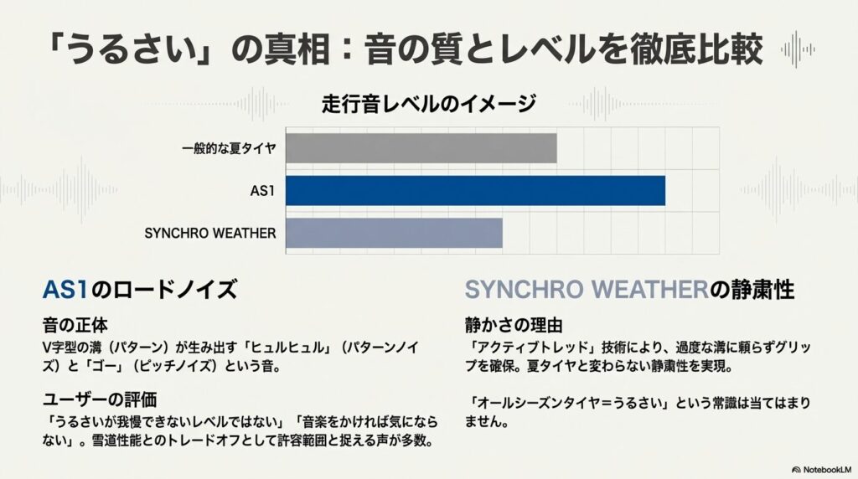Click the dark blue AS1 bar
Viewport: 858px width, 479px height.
click(x=475, y=191)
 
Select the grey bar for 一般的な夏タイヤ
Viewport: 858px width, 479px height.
click(x=421, y=148)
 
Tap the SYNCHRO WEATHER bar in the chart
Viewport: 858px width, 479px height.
click(x=394, y=233)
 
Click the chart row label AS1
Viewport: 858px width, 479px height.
click(x=262, y=191)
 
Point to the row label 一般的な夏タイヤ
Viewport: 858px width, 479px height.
click(x=229, y=148)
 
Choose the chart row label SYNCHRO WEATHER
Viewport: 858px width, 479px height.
click(x=210, y=234)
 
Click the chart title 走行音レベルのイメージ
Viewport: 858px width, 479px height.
click(x=429, y=103)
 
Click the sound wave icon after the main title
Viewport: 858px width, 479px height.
click(x=798, y=49)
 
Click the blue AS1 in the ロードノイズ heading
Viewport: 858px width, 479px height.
click(x=65, y=289)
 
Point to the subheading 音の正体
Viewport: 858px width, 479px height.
click(x=75, y=326)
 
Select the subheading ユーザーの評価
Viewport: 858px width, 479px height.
click(x=100, y=399)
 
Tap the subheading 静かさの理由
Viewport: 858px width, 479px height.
click(x=514, y=326)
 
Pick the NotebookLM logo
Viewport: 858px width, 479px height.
click(x=821, y=470)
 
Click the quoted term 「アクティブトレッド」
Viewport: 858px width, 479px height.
click(x=531, y=348)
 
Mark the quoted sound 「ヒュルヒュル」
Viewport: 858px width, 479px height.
click(x=287, y=348)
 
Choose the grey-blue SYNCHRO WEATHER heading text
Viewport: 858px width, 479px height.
click(x=587, y=289)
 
